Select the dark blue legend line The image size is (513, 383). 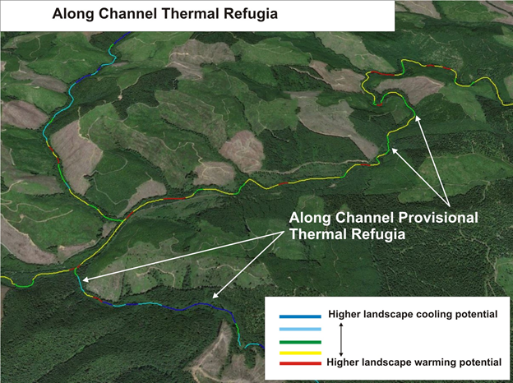point(299,316)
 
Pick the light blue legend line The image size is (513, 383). point(299,329)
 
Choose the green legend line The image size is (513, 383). point(299,340)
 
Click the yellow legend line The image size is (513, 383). point(299,352)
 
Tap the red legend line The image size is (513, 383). point(299,362)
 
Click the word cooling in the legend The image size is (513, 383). point(427,315)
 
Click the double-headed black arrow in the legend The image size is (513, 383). point(341,338)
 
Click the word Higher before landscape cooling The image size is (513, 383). point(344,315)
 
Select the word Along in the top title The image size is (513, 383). point(72,13)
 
